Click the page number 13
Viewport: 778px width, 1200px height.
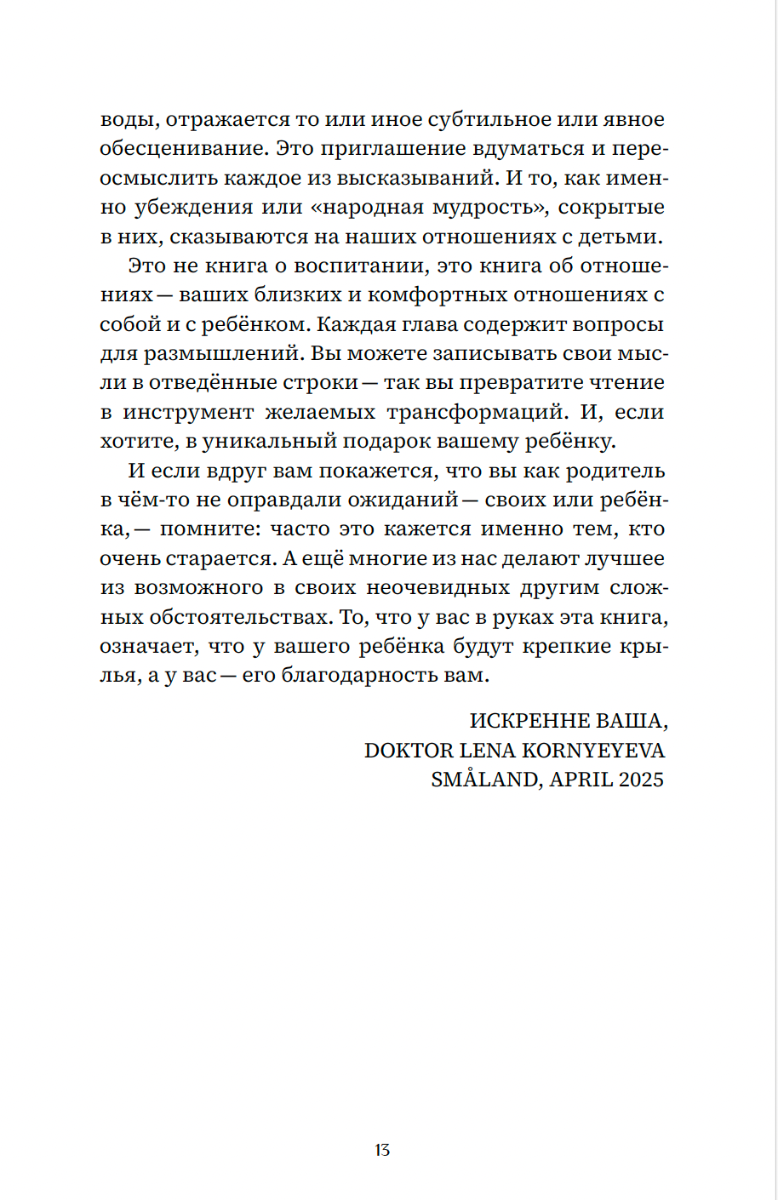pyautogui.click(x=382, y=1150)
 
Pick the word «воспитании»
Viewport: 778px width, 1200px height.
pyautogui.click(x=358, y=266)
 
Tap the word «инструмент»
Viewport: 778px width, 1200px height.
pyautogui.click(x=188, y=413)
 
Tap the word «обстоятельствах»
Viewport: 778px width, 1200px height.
pyautogui.click(x=239, y=618)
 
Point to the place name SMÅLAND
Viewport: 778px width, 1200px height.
pyautogui.click(x=483, y=780)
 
